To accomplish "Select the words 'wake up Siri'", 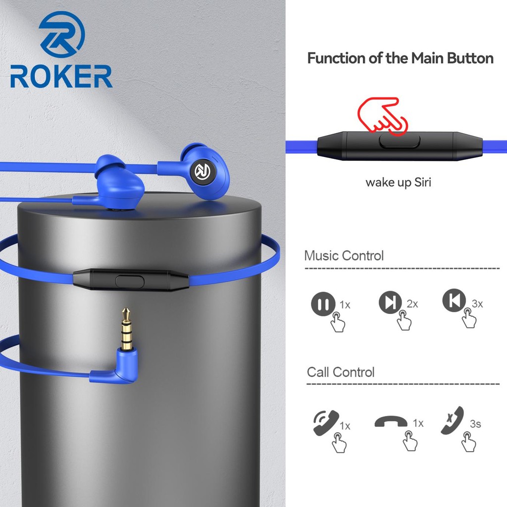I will click(398, 182).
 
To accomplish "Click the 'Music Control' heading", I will click(344, 256).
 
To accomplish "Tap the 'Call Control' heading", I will click(341, 372).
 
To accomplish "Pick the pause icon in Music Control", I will click(321, 303).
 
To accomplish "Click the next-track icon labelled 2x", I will click(389, 302).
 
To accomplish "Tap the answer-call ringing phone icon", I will click(325, 422).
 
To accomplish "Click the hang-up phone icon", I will click(391, 422).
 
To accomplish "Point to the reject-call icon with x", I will click(452, 419).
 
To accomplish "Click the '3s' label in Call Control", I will click(475, 424).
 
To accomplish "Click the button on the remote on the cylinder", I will click(130, 281).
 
